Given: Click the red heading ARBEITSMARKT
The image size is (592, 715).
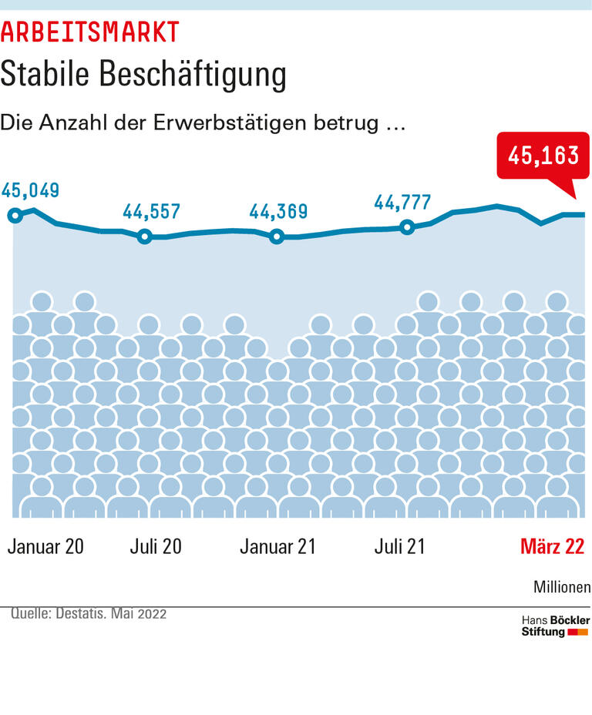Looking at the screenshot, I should (90, 32).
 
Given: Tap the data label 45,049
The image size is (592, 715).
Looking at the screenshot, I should (31, 190).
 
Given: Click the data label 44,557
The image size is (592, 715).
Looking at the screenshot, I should (153, 211).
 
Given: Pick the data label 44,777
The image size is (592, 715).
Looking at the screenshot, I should (402, 202).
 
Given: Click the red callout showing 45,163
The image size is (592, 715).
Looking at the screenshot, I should (543, 156).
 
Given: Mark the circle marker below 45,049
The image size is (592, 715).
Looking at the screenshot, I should (14, 215).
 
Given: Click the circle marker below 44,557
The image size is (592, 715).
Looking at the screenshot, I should (144, 237).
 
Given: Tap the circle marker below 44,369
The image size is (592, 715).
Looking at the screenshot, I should (277, 237).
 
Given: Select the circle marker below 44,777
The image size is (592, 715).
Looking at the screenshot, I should (408, 227).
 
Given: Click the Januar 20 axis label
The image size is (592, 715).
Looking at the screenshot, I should (45, 546).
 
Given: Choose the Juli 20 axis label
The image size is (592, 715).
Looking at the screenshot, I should (156, 546).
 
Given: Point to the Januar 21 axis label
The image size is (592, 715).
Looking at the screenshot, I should (277, 546).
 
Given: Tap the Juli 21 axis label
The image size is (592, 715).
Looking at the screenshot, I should (400, 546).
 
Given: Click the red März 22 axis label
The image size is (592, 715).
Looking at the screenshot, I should (552, 546).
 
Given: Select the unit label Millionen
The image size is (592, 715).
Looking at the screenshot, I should (562, 587).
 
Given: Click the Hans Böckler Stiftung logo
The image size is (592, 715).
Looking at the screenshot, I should (555, 626).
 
